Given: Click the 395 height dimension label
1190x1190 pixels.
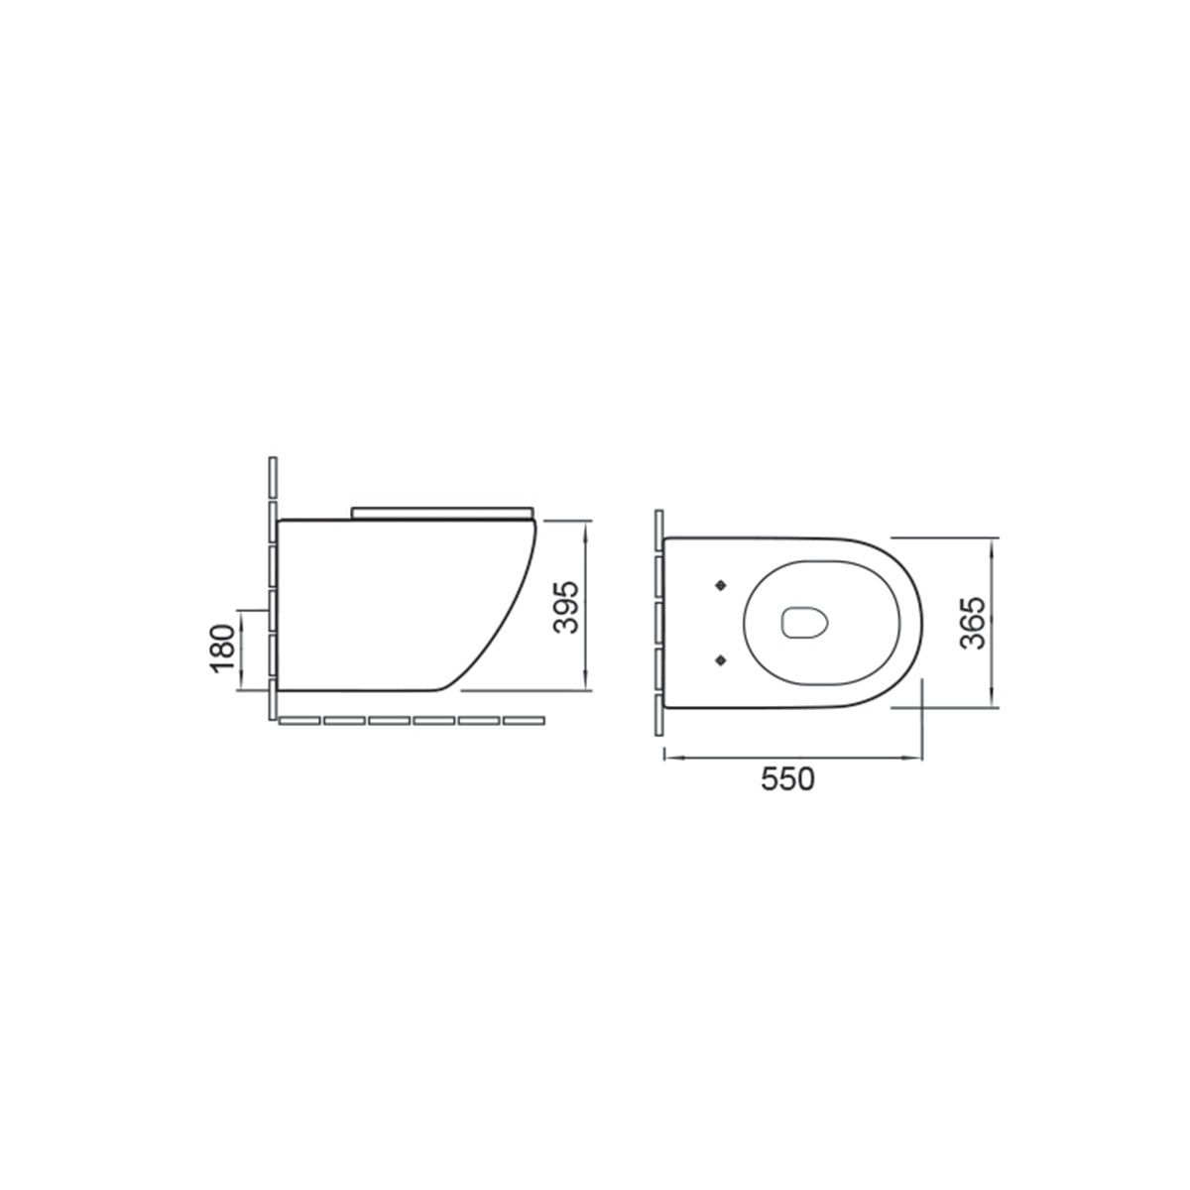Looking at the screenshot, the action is pyautogui.click(x=565, y=607).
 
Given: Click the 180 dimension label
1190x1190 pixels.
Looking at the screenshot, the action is pyautogui.click(x=223, y=649).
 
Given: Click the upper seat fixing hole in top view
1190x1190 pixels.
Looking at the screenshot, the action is pyautogui.click(x=719, y=585).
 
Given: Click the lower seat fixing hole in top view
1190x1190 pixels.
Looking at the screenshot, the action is pyautogui.click(x=719, y=660).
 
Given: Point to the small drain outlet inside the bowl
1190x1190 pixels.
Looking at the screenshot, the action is pyautogui.click(x=804, y=623).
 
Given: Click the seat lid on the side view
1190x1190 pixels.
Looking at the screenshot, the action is pyautogui.click(x=442, y=512).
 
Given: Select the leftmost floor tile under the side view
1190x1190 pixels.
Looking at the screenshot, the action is pyautogui.click(x=299, y=721).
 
